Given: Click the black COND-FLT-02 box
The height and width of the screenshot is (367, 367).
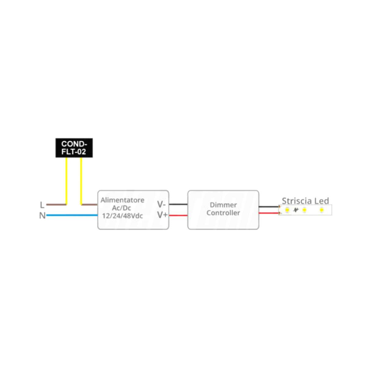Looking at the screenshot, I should [x=74, y=148].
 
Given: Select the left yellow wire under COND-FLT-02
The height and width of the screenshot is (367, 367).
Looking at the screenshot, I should [x=66, y=180].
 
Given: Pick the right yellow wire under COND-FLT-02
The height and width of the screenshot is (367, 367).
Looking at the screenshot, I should [x=81, y=180].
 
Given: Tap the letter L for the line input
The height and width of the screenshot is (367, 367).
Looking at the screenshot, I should [x=42, y=205].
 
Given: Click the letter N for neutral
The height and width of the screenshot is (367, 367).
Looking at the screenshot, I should [x=42, y=216].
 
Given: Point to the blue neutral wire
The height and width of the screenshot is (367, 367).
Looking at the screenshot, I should [x=72, y=215].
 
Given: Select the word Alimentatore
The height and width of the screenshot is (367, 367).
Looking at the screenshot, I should [x=122, y=200].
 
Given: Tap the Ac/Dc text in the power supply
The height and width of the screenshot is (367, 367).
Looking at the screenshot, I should [x=121, y=208].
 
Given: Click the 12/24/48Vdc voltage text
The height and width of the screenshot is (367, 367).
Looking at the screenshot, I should [x=122, y=216].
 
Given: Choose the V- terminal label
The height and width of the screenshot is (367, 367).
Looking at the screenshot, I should [x=161, y=204].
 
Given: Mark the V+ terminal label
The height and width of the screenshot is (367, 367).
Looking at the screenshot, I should [x=162, y=215].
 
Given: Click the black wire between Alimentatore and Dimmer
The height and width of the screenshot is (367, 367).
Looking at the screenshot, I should [x=178, y=204].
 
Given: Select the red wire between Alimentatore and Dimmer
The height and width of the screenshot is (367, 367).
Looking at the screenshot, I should [x=178, y=216].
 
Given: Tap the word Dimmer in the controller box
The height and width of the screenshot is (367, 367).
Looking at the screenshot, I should [x=223, y=205].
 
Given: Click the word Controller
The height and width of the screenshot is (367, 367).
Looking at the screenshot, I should [x=223, y=213].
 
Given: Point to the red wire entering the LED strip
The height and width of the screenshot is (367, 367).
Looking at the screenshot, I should [x=269, y=213].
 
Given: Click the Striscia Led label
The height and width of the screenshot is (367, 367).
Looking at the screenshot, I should [x=305, y=201].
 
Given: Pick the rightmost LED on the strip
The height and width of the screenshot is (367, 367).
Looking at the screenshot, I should [x=321, y=210].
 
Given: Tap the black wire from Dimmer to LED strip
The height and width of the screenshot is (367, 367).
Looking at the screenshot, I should [x=269, y=207].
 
